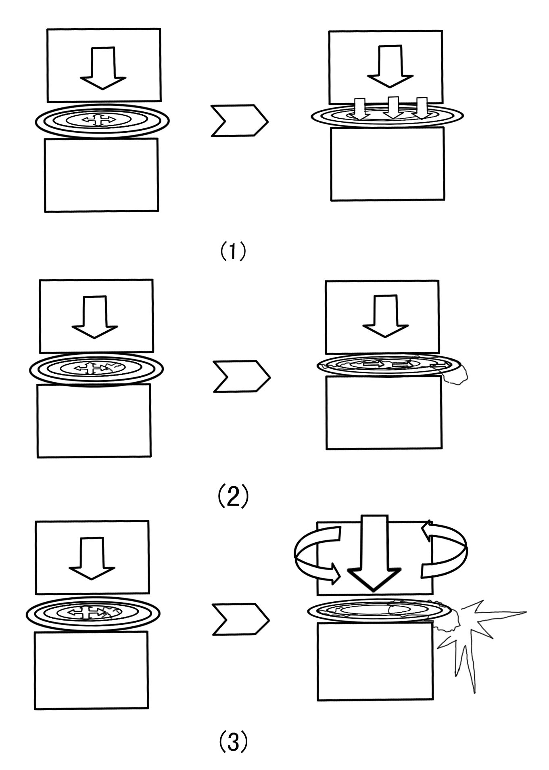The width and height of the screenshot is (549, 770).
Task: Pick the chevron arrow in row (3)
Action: coord(240,619)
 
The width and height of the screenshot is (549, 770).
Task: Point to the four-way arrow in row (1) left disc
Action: coord(98,120)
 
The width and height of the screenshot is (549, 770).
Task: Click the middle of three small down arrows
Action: coord(393,108)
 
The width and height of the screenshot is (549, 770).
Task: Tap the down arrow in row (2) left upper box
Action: coord(95,317)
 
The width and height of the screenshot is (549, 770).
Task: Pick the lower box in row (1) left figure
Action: coord(101,175)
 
